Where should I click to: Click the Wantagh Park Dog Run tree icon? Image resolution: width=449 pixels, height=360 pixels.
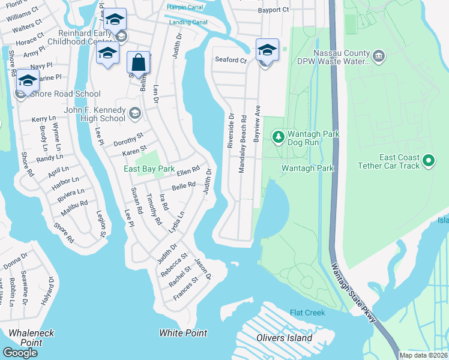click(278, 137)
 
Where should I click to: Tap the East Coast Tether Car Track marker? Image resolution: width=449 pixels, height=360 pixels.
click(428, 160)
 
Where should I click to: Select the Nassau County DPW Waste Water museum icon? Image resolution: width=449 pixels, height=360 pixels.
click(379, 57)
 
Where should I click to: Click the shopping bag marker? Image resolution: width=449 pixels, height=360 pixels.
click(138, 62)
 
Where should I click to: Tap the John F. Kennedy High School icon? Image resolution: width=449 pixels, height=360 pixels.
click(135, 113)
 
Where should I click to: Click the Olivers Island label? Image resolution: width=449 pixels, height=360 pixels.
click(285, 338)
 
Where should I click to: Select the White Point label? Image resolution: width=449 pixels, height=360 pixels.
click(183, 333)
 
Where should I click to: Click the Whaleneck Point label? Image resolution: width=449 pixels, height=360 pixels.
click(22, 337)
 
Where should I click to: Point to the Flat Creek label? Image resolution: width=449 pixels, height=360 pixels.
click(307, 313)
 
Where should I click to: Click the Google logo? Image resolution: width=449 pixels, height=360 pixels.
click(20, 353)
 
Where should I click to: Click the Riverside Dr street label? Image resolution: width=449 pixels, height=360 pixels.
click(230, 130)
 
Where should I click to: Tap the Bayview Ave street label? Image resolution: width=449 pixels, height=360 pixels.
click(256, 124)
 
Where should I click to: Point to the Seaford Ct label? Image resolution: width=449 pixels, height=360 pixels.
click(231, 60)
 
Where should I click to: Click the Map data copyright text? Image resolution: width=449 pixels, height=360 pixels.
click(423, 355)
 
